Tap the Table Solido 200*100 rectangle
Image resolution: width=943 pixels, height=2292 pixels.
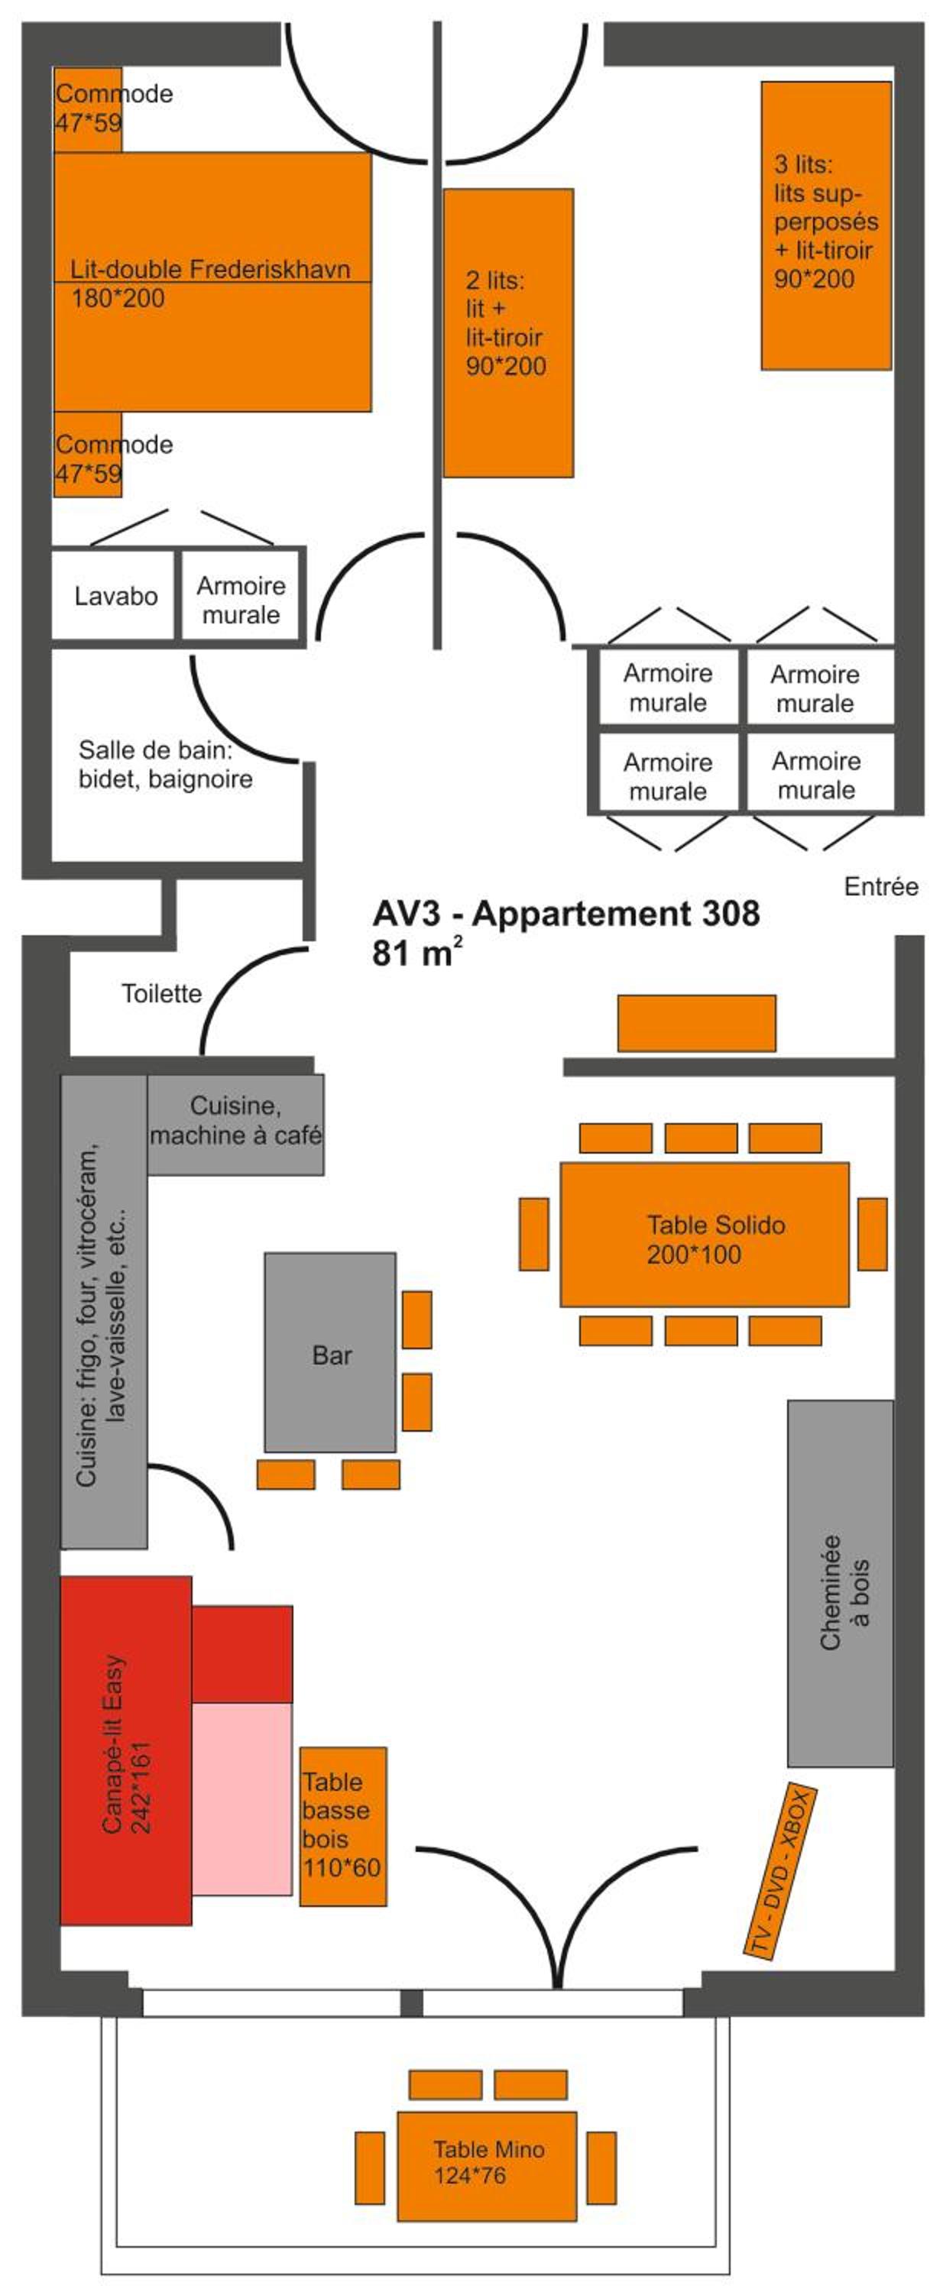(704, 1233)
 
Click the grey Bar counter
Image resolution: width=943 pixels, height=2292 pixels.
(330, 1352)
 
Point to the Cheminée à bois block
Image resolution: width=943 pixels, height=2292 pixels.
(840, 1583)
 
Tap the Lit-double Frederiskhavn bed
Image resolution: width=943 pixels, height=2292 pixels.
(212, 282)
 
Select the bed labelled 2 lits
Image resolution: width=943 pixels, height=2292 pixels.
(508, 333)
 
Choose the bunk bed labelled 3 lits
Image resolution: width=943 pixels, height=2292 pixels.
(826, 225)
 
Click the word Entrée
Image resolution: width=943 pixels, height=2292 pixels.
(881, 886)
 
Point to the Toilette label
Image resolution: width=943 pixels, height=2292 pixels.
(161, 994)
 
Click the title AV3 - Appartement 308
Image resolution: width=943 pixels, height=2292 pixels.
(565, 914)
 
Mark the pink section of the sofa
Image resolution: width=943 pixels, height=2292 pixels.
(242, 1799)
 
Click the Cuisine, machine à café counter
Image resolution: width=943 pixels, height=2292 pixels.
(235, 1124)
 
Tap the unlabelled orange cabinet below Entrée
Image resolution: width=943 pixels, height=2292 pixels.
(697, 1023)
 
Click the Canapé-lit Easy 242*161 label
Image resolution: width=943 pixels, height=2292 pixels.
(126, 1757)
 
